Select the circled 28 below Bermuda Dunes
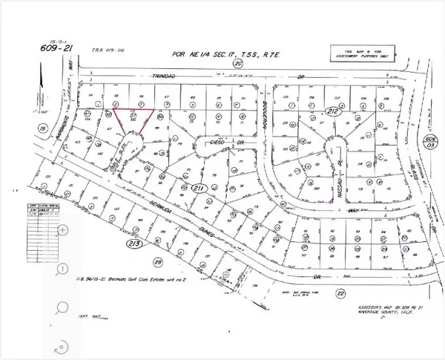[157, 261]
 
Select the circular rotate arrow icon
[62, 344]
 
